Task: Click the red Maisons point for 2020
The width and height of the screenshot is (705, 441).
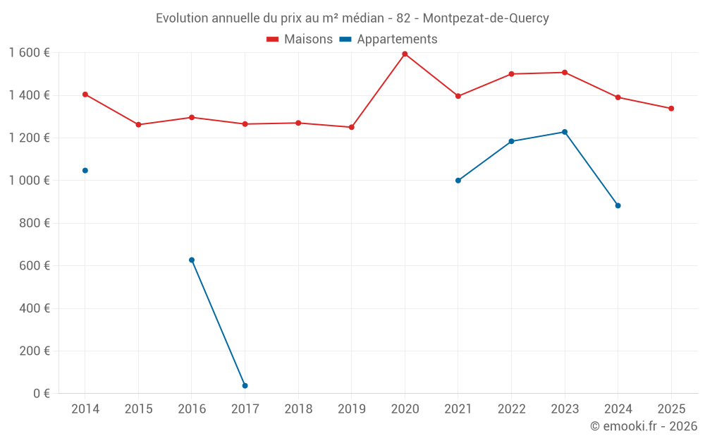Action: tap(405, 54)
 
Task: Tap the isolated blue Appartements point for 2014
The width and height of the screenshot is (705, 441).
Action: tap(85, 170)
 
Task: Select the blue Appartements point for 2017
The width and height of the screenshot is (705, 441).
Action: tap(245, 385)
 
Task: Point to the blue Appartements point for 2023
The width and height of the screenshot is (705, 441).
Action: tap(565, 132)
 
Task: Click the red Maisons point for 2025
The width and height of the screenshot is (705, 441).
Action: tap(671, 109)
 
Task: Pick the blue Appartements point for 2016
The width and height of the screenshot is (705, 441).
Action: tap(192, 260)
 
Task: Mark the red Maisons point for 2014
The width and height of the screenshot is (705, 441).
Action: tap(85, 94)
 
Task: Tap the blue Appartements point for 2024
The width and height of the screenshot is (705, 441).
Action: tap(618, 205)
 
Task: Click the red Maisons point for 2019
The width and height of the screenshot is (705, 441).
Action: tap(351, 127)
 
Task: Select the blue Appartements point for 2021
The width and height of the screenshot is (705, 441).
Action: tap(458, 180)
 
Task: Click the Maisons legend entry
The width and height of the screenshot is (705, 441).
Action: tap(300, 40)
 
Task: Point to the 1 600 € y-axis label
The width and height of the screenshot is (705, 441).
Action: tap(30, 52)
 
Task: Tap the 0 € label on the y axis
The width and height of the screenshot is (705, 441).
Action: tap(41, 393)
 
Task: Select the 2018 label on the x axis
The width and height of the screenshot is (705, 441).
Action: tap(298, 409)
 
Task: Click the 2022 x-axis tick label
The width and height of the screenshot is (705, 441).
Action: tap(512, 409)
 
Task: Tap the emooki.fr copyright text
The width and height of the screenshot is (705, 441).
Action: tap(644, 426)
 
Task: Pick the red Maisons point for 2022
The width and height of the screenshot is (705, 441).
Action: tap(512, 73)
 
